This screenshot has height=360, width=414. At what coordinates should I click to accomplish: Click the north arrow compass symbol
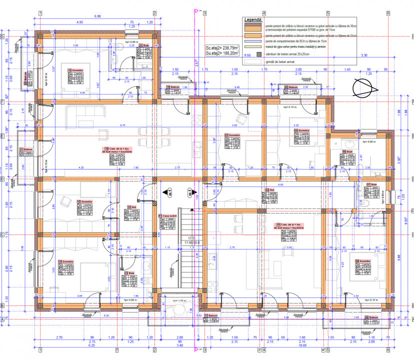click(367, 88)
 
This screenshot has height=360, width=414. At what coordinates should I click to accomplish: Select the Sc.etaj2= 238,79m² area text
click(222, 48)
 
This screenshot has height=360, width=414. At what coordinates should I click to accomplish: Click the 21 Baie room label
click(144, 45)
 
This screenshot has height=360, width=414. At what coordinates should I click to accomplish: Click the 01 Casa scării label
click(167, 216)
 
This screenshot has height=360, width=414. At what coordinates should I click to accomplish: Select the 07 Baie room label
click(371, 184)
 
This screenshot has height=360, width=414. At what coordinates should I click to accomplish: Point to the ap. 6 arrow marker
click(169, 191)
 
